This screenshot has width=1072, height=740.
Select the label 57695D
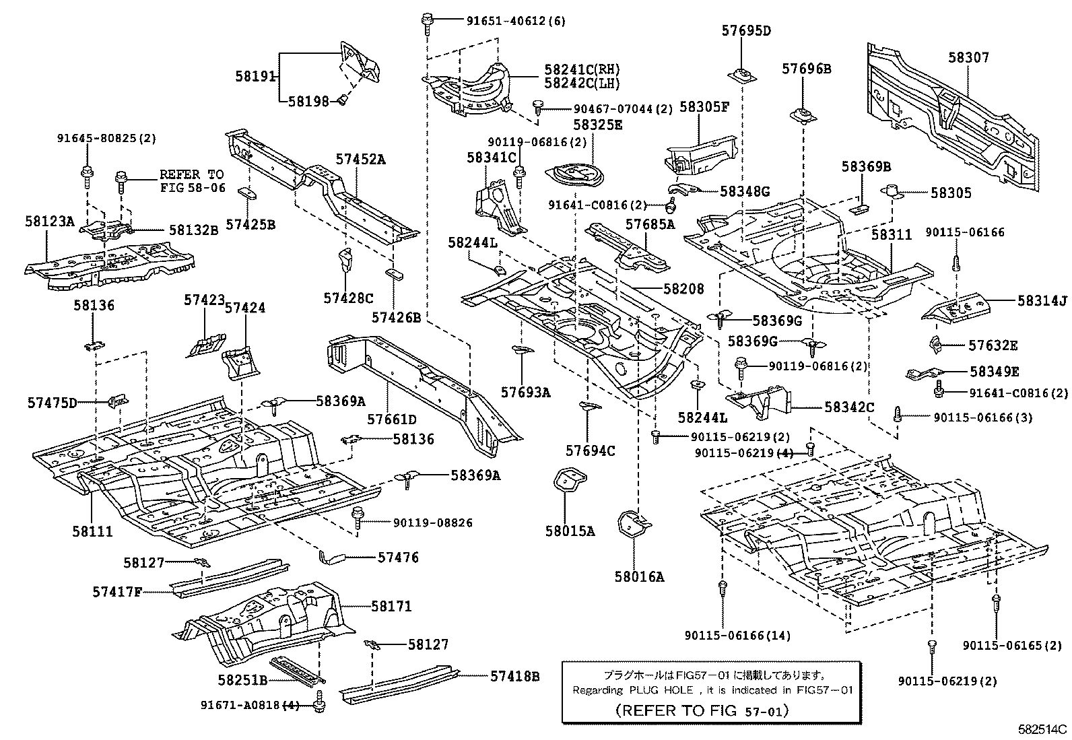[x=746, y=30]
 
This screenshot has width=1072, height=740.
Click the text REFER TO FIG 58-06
[x=192, y=181]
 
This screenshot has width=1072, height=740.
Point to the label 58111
[x=93, y=531]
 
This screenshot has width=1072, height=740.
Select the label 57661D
[x=392, y=419]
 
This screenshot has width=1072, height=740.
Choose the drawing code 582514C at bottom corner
[x=1042, y=729]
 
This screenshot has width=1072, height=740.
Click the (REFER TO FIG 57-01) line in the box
[x=702, y=710]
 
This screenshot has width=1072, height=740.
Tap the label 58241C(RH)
[x=582, y=70]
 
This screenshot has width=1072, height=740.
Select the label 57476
[x=398, y=558]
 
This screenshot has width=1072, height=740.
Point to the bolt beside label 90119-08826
[x=358, y=518]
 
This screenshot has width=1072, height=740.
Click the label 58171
[x=391, y=606]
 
